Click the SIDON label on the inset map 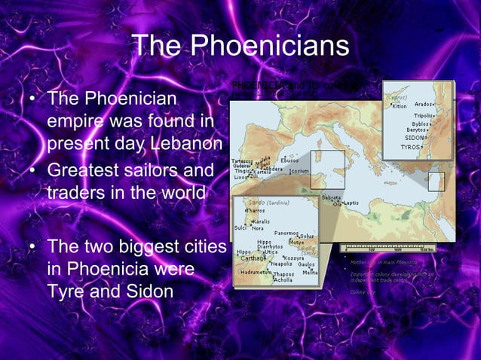coord(415,138)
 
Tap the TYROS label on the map coord(410,147)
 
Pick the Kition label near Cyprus coord(399,105)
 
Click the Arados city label coord(425,104)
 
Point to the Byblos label coord(421,124)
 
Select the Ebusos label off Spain coord(290,160)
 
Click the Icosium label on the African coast coord(300,171)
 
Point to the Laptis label coord(351,203)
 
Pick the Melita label coord(310,272)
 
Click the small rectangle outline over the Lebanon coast coord(436,182)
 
